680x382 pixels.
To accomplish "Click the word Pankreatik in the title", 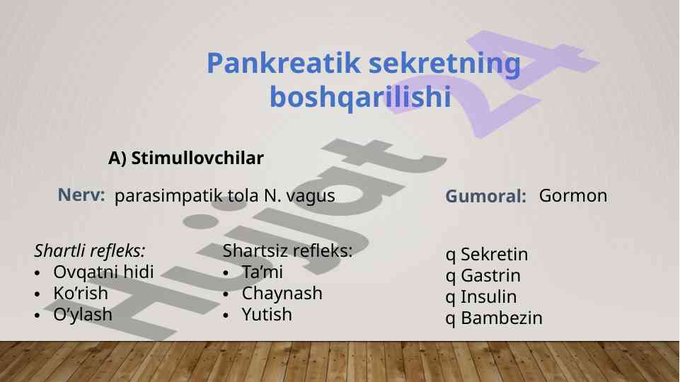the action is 284,63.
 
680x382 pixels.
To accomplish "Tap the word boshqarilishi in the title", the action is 360,96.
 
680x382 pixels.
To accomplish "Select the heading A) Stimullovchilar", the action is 186,158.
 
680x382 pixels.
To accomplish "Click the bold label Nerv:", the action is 81,195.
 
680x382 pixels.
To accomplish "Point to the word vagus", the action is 311,196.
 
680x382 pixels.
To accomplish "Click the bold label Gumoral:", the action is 485,196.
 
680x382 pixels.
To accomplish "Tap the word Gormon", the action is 573,195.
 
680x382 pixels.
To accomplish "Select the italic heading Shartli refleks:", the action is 90,250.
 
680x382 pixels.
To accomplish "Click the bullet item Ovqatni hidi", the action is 103,272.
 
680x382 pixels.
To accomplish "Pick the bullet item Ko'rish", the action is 81,293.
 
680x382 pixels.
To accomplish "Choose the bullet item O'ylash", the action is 83,314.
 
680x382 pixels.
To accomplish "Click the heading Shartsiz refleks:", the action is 287,250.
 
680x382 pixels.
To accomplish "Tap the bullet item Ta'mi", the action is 263,272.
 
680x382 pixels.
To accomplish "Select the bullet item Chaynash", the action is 282,294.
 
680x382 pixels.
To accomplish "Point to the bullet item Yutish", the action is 267,314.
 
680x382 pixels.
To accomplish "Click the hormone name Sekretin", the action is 495,254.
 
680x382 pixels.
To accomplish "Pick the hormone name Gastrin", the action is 490,275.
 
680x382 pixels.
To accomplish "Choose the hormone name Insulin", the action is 489,296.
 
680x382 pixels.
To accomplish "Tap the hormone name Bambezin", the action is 502,318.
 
